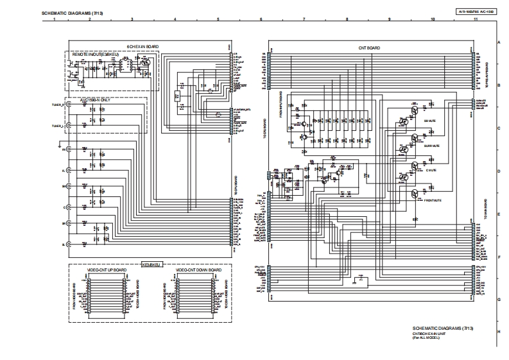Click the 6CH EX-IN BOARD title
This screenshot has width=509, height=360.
(x=142, y=46)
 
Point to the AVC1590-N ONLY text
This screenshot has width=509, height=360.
(x=95, y=101)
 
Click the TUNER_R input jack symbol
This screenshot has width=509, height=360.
(x=69, y=105)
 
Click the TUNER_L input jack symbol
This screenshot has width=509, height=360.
(x=69, y=126)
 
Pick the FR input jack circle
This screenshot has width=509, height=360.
(x=69, y=150)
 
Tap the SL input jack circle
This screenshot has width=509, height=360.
(x=69, y=244)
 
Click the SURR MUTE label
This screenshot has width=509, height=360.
(x=431, y=146)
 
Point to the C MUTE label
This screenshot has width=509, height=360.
(x=431, y=170)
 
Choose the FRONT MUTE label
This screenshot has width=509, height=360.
(x=433, y=201)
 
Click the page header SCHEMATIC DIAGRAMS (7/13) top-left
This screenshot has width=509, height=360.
(x=71, y=12)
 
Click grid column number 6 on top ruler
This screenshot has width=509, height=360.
(x=261, y=20)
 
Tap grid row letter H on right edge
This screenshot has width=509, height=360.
(x=499, y=332)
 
